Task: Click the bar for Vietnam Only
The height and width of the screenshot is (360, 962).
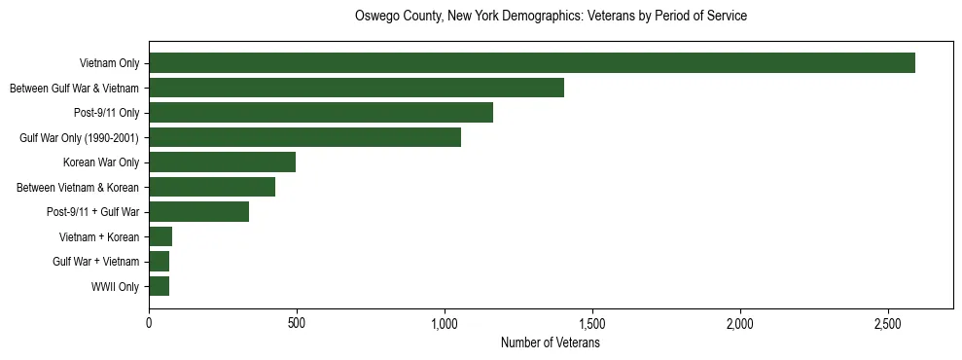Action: pos(532,63)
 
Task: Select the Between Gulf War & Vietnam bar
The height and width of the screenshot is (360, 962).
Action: pos(356,89)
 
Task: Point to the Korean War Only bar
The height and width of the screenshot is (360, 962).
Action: pos(222,162)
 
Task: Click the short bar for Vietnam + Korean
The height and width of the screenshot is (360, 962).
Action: pos(160,237)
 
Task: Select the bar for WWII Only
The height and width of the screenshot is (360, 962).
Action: pos(159,287)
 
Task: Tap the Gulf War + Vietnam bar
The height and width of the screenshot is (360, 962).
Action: pos(159,262)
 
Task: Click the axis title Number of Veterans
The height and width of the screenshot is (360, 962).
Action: pos(550,343)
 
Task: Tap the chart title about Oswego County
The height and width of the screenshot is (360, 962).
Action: pos(551,17)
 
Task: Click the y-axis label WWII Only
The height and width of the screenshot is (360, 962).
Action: pos(116,287)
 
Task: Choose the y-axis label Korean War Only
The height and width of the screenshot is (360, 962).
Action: pos(101,162)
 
